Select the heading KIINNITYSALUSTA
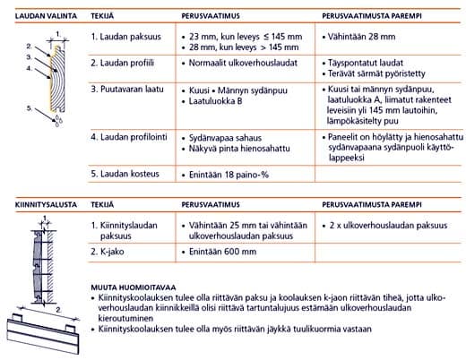coord(39,204)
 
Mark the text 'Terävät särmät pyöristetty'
coord(375,76)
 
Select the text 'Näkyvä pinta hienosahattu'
coord(240,150)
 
